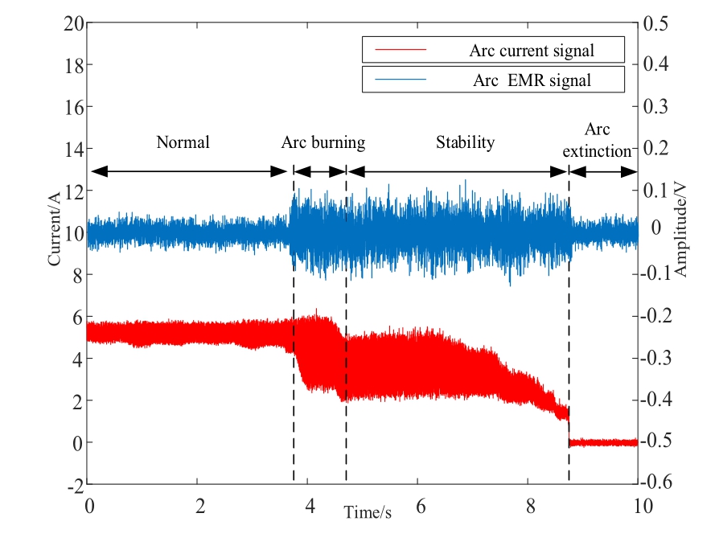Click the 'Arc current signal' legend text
click(532, 51)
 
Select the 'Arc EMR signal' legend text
click(532, 80)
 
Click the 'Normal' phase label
click(183, 143)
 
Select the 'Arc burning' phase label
click(323, 143)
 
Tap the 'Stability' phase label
click(465, 143)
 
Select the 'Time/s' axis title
click(368, 511)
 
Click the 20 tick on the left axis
click(73, 23)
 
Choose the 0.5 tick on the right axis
click(655, 23)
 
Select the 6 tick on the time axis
click(417, 507)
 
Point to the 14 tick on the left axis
click(73, 149)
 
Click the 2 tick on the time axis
click(199, 507)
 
